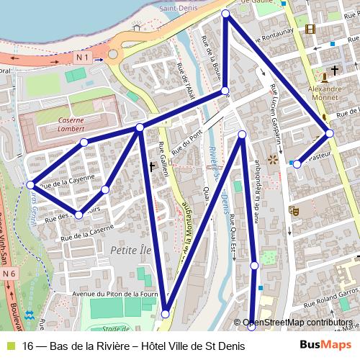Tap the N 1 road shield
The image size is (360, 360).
click(81, 55)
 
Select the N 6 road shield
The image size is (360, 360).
click(9, 274)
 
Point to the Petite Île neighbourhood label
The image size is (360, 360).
click(130, 249)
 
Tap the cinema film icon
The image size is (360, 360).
click(310, 30)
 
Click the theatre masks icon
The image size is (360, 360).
click(294, 211)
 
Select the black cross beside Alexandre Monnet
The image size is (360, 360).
click(335, 73)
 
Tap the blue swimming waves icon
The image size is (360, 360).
click(29, 315)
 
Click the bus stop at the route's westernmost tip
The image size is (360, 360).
click(30, 185)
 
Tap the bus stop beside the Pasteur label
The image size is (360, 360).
click(297, 165)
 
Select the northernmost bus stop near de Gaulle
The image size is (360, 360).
click(226, 14)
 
